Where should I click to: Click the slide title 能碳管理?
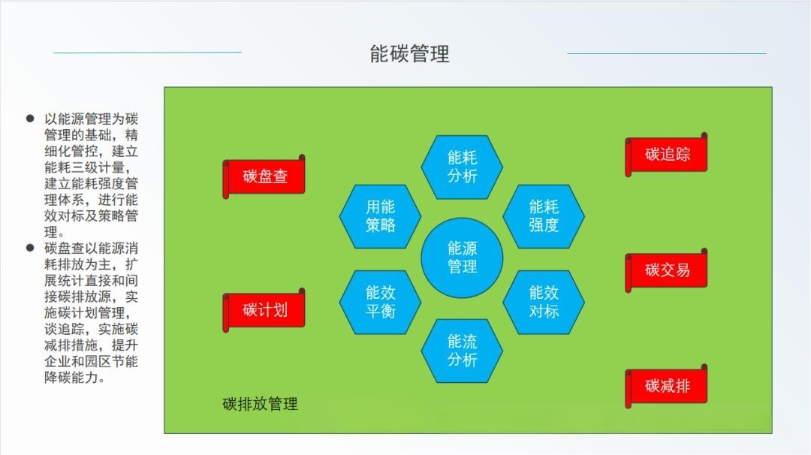(x=409, y=54)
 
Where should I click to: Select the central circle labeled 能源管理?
(x=462, y=258)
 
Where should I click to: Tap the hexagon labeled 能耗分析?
(x=462, y=167)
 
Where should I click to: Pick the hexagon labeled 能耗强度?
(x=544, y=216)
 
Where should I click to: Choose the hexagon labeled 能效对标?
(x=544, y=302)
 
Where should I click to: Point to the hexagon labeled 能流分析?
(x=462, y=351)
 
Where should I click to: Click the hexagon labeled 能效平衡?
(x=380, y=302)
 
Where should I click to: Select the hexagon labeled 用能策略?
(x=380, y=216)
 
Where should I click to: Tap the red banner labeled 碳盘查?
(x=264, y=176)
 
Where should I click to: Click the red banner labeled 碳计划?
(x=264, y=310)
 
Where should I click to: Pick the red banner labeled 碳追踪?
(x=666, y=154)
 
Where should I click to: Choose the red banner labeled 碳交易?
(x=666, y=270)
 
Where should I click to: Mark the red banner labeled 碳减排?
(x=666, y=386)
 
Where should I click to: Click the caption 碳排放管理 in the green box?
(x=260, y=404)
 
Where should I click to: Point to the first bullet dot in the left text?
(x=30, y=119)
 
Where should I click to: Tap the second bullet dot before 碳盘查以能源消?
(x=30, y=248)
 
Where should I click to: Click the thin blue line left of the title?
(x=147, y=53)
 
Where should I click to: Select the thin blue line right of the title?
(x=667, y=53)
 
